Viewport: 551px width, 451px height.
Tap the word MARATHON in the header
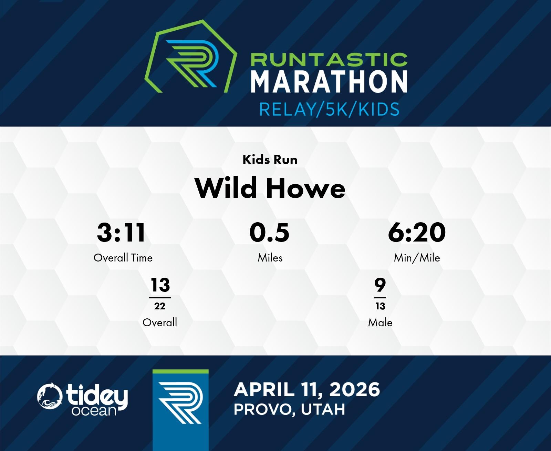coord(329,81)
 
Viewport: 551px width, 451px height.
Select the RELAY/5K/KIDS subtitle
coord(329,109)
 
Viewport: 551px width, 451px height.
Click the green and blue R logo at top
coord(191,57)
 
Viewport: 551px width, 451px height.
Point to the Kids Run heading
coord(270,160)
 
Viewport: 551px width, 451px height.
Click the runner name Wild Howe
coord(270,188)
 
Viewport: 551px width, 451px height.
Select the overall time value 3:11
coord(121,233)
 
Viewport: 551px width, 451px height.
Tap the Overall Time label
coord(123,258)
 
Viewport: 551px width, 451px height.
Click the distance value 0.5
coord(269,233)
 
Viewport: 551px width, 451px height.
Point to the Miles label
coord(270,258)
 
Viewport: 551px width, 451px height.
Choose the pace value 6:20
coord(417,233)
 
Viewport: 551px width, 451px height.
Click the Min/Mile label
coord(417,258)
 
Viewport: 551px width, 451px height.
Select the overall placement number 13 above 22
coord(160,285)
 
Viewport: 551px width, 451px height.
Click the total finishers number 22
coord(160,306)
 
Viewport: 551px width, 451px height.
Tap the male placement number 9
coord(380,285)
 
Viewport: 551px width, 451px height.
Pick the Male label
coord(380,322)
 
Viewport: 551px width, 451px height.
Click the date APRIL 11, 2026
coord(307,390)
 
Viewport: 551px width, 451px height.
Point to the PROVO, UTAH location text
coord(289,410)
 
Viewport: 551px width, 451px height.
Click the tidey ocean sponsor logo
coord(82,399)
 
